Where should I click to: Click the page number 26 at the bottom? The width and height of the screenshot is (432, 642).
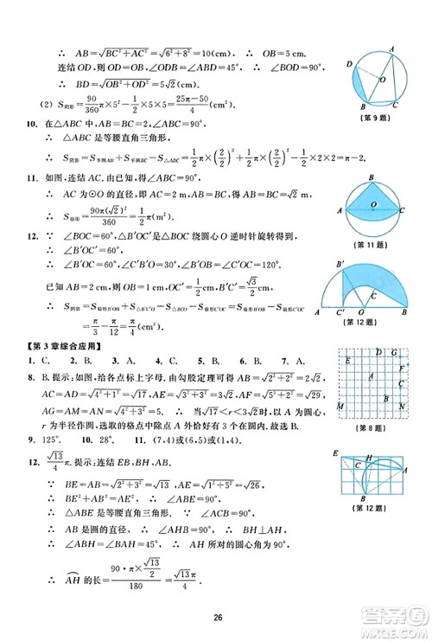click(215, 618)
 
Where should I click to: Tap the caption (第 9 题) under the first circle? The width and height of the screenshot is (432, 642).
click(374, 119)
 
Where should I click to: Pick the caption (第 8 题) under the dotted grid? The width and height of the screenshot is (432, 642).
click(374, 429)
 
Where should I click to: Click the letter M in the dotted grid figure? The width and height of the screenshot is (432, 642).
click(341, 406)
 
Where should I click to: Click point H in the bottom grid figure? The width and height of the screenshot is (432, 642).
click(370, 456)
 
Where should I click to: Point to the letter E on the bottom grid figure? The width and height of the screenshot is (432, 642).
click(334, 453)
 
